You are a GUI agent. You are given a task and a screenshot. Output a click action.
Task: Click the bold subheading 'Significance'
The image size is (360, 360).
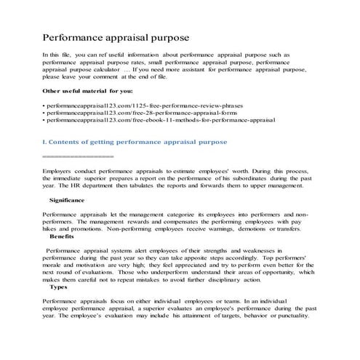(x=69, y=199)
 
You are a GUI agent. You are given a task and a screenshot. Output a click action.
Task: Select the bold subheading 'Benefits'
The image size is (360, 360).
(x=63, y=236)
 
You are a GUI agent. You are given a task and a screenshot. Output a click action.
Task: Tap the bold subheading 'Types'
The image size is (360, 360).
(x=58, y=287)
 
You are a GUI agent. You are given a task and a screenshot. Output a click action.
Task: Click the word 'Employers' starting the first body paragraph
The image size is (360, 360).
(x=59, y=170)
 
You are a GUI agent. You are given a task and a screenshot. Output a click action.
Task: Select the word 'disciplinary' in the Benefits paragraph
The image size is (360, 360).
(x=233, y=279)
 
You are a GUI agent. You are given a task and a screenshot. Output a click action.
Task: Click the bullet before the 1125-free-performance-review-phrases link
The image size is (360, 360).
(x=44, y=106)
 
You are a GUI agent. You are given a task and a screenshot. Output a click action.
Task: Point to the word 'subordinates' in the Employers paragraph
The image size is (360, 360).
(x=242, y=178)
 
